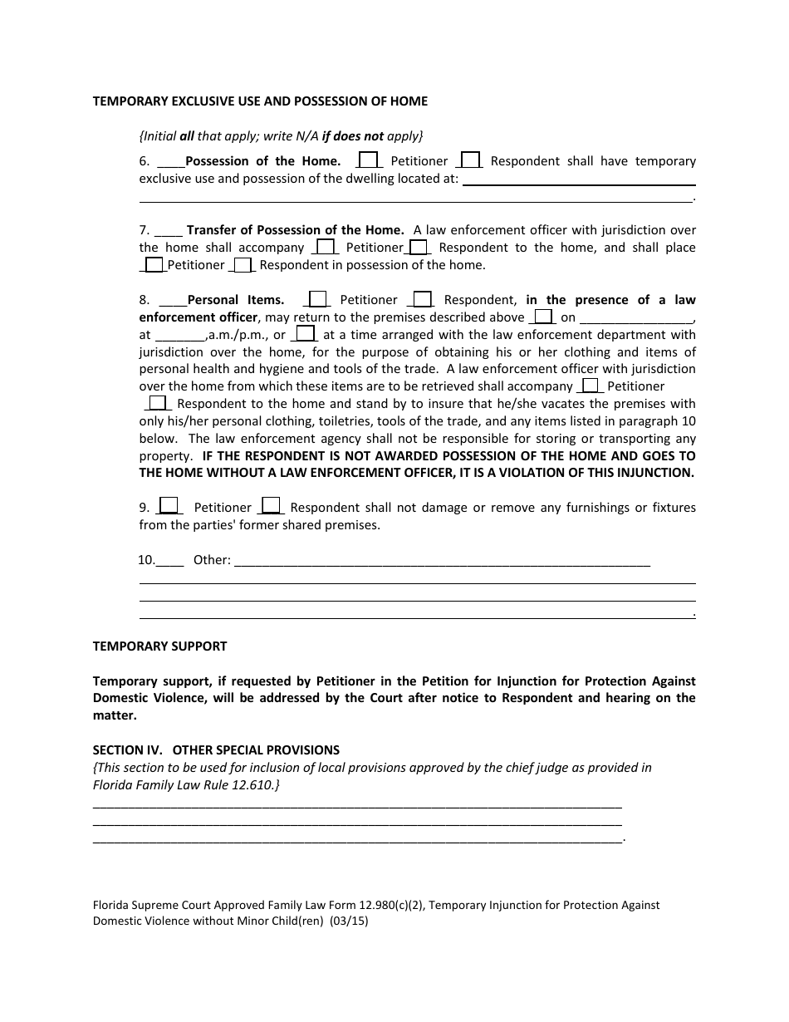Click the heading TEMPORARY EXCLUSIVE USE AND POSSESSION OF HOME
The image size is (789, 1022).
point(260,101)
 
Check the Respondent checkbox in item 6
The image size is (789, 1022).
point(470,160)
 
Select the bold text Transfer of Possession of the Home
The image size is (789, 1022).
point(295,230)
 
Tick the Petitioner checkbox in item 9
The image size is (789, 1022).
point(169,505)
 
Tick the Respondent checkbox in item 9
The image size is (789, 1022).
point(272,505)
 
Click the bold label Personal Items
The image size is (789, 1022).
point(236,300)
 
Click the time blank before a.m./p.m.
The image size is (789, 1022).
point(179,336)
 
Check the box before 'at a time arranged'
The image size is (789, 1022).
point(306,334)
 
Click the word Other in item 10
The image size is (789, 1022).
point(212,560)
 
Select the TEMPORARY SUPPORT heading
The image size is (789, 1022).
point(159,646)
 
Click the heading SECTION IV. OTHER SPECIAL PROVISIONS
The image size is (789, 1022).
point(216,750)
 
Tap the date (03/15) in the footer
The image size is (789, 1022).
point(349,921)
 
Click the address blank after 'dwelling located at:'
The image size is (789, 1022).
point(578,179)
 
